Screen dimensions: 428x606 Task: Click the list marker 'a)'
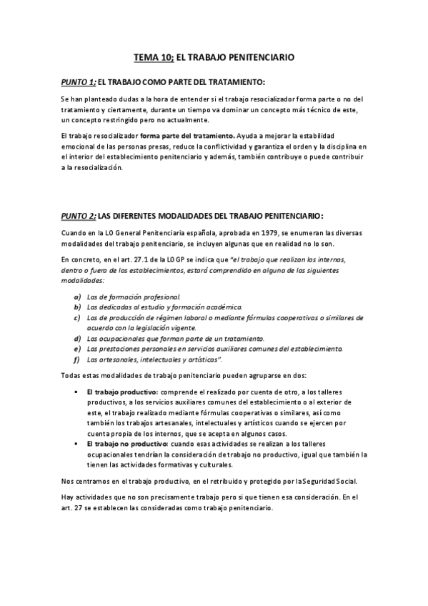click(x=77, y=296)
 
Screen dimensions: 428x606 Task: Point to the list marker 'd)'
click(x=77, y=337)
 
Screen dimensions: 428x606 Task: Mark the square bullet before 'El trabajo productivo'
click(x=76, y=392)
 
